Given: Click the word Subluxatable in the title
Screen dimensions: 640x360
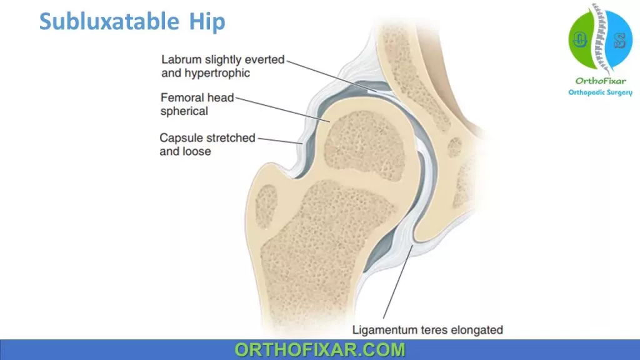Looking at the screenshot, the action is (109, 21).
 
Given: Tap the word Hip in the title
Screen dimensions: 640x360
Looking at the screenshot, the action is (207, 22).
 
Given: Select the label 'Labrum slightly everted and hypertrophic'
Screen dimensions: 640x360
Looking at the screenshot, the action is (223, 66).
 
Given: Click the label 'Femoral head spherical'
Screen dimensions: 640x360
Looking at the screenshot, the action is (197, 104).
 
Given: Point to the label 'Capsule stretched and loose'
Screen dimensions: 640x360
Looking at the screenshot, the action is (207, 144).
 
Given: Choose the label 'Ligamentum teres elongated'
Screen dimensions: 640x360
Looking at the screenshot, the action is (427, 330).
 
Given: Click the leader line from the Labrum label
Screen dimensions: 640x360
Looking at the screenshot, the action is (331, 76).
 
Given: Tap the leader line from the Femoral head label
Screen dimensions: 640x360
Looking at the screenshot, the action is (282, 110).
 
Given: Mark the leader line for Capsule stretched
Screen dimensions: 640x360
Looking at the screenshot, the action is (280, 141).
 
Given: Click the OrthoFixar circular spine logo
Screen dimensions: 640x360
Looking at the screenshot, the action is (600, 39).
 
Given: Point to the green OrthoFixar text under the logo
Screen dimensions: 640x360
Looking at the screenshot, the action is (601, 81).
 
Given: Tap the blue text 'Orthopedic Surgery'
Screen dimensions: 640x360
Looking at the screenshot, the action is (601, 92).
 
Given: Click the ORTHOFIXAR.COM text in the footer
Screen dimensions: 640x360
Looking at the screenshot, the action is (320, 350).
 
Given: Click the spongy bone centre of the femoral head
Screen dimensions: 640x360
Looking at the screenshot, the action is (364, 145).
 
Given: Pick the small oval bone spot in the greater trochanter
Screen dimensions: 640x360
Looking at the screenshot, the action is (266, 206).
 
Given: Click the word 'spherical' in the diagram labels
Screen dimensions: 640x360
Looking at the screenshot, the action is (184, 111).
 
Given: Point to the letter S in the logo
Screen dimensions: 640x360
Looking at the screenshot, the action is (619, 41).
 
